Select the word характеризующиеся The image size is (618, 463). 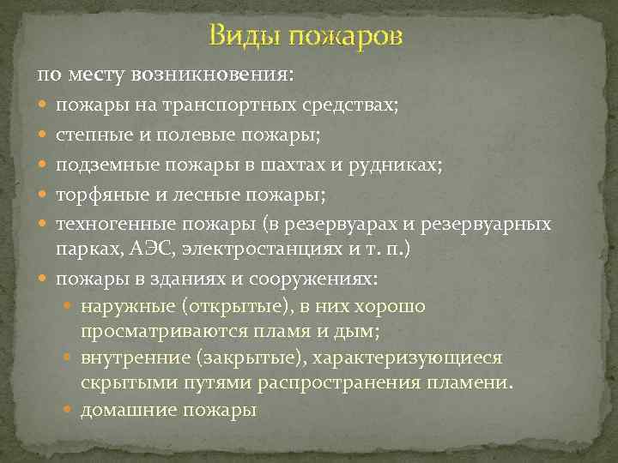[x=420, y=357]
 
